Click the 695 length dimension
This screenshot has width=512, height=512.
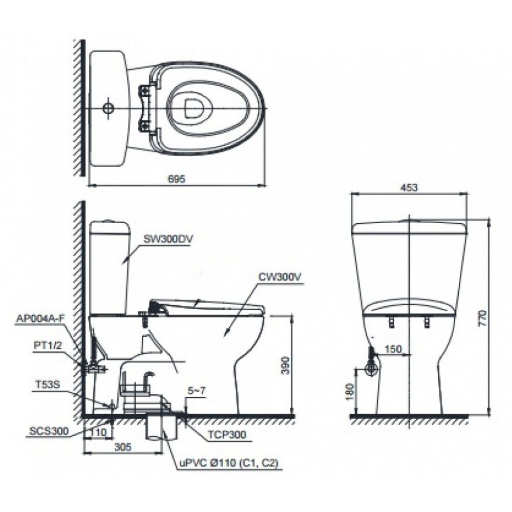[176, 179]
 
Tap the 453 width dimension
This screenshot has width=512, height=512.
[409, 187]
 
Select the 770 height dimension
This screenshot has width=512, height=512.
[482, 318]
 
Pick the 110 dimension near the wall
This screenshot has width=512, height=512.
[98, 432]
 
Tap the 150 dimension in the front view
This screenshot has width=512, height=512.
[393, 349]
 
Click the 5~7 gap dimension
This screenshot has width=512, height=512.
[197, 391]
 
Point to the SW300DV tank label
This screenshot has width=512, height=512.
[168, 239]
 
